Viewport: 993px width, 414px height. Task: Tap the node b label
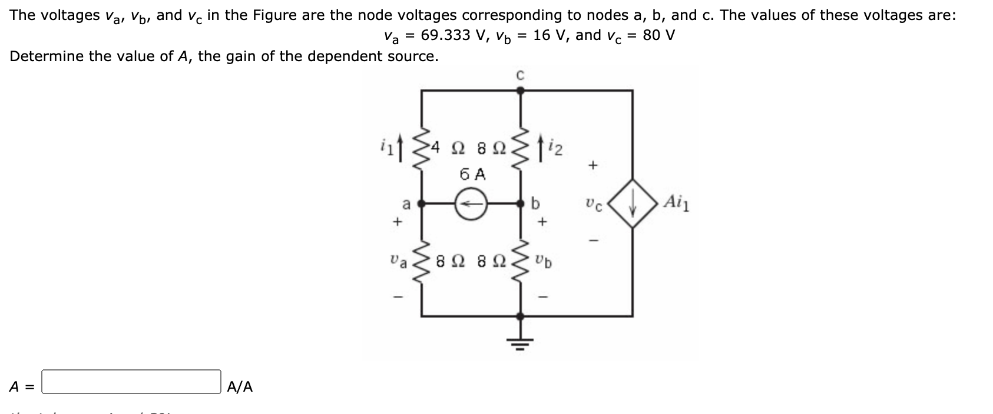click(x=535, y=203)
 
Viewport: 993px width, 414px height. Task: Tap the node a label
click(x=405, y=204)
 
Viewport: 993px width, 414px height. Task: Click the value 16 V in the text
click(x=550, y=35)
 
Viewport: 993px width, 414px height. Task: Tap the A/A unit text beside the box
click(x=240, y=387)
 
